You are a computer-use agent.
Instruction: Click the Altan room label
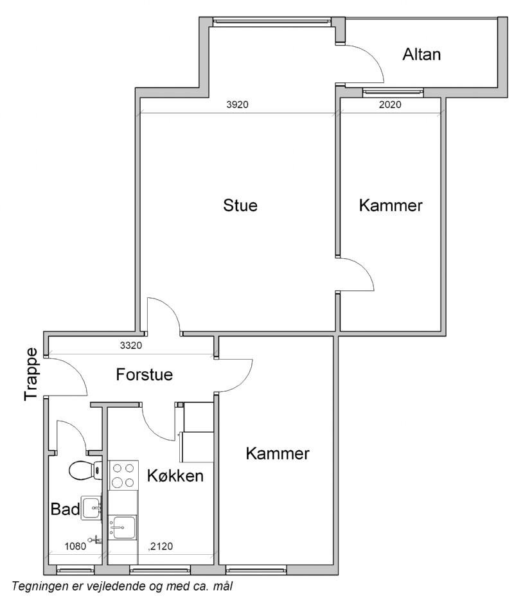[421, 54]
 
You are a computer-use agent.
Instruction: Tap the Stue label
[240, 205]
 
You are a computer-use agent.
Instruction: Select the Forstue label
[145, 374]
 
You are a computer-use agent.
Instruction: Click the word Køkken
[175, 476]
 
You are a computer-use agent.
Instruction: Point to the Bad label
[65, 509]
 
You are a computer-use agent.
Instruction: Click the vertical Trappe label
[31, 374]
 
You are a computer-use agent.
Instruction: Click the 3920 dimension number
[237, 104]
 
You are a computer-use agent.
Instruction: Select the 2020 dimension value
[390, 104]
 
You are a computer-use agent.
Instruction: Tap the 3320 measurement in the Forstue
[131, 345]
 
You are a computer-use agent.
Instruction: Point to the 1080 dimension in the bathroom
[75, 546]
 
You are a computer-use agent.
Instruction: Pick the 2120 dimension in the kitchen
[161, 546]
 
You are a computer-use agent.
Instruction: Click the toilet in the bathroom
[85, 470]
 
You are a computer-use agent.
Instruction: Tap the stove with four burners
[123, 475]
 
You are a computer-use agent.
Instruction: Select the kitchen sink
[122, 527]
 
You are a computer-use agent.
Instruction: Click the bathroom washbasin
[92, 509]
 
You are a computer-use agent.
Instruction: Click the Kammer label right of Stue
[391, 205]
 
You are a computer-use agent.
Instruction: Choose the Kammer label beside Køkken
[278, 453]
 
